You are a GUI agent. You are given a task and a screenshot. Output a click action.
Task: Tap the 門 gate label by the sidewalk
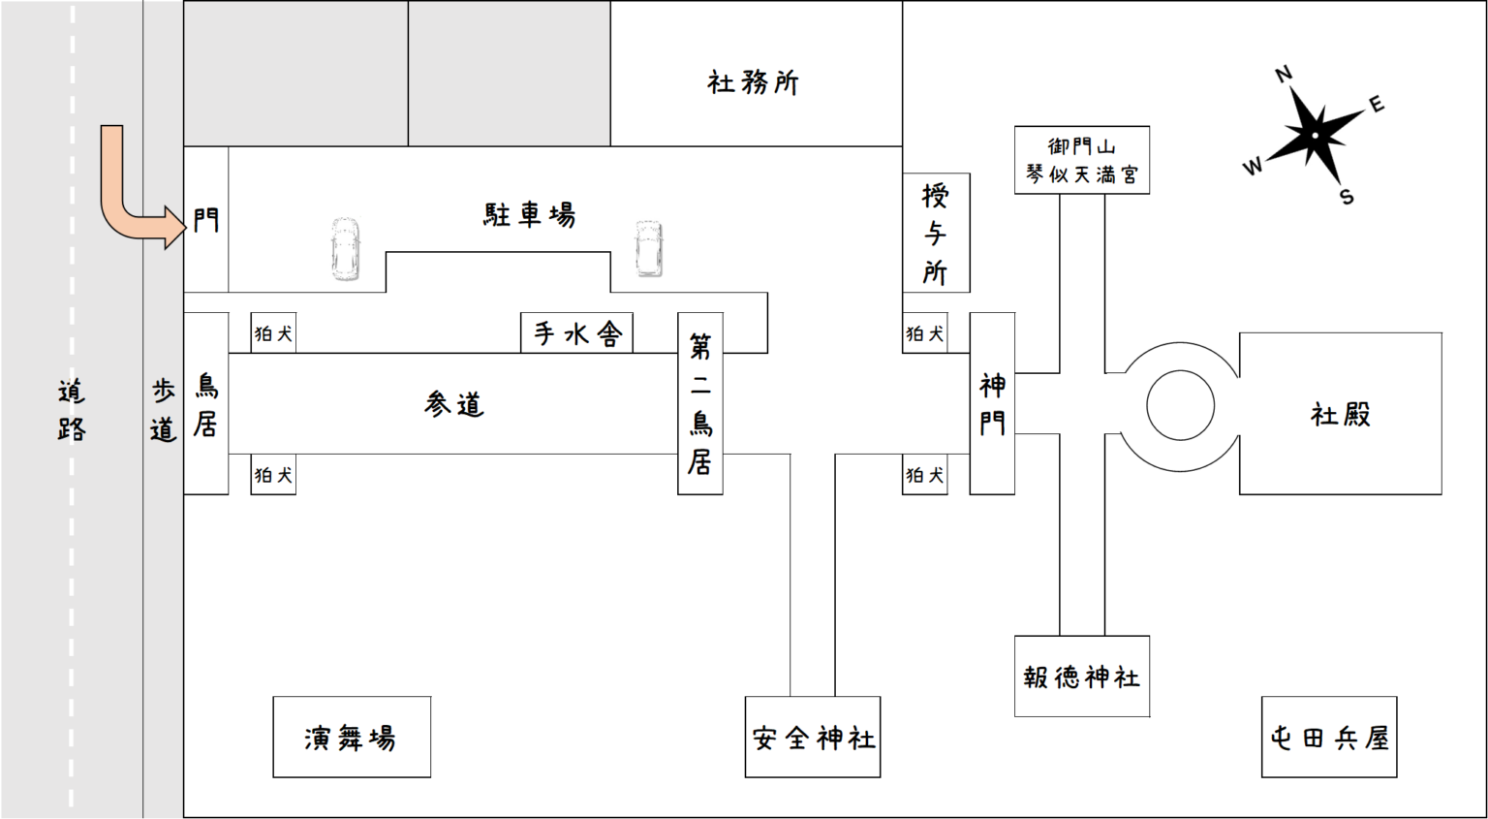(x=206, y=221)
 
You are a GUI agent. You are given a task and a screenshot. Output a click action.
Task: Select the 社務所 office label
(x=753, y=82)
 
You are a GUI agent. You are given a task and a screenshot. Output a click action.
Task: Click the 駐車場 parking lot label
(x=529, y=214)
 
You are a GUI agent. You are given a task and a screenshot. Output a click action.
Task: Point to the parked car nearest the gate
(x=346, y=249)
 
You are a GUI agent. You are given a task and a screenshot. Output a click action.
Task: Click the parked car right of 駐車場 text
(x=648, y=248)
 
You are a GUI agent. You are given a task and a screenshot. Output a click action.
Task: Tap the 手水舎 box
(x=577, y=333)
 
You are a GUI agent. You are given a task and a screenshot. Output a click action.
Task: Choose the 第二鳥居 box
(x=700, y=403)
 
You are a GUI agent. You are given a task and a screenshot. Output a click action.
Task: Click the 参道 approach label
(x=453, y=404)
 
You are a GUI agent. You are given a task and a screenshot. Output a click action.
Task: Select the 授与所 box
(x=936, y=234)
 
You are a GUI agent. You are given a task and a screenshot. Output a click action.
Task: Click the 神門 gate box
(x=992, y=403)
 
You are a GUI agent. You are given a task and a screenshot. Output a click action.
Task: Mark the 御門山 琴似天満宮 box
(x=1082, y=160)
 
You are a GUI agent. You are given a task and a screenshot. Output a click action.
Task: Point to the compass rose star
(x=1315, y=135)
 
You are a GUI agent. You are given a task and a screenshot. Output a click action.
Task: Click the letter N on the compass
(x=1284, y=74)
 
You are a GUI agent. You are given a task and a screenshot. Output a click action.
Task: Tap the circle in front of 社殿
(x=1180, y=406)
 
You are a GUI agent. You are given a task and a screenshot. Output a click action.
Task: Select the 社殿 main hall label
(x=1341, y=415)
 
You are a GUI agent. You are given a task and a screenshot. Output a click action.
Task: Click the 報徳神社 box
(x=1082, y=677)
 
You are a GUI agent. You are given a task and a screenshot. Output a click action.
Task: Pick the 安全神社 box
(x=813, y=738)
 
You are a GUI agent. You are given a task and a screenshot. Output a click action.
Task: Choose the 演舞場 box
(x=351, y=738)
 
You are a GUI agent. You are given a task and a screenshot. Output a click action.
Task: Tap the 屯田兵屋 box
(x=1329, y=738)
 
